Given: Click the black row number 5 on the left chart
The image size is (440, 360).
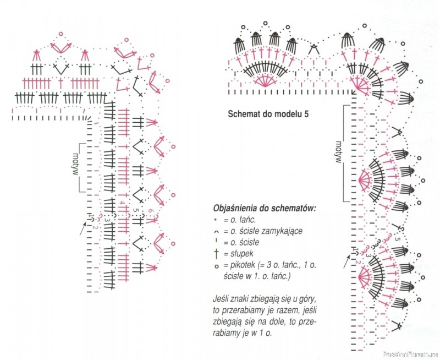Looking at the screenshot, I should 136,210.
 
